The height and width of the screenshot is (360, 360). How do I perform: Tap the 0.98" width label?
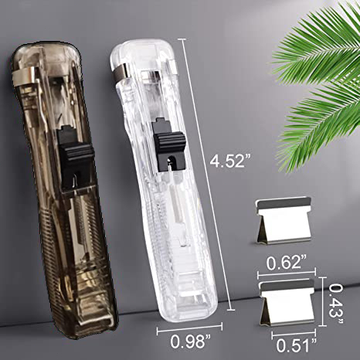[x=191, y=341]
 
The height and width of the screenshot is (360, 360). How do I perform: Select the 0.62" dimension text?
[x=287, y=263]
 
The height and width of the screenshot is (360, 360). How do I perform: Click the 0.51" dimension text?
[x=297, y=345]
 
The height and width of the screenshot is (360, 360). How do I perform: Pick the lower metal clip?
[x=287, y=304]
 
